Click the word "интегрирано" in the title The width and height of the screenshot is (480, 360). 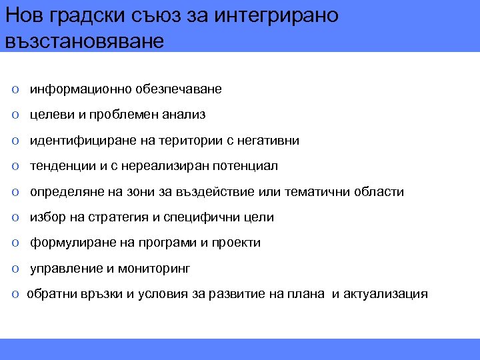click(277, 15)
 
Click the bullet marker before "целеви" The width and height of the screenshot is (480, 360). click(15, 115)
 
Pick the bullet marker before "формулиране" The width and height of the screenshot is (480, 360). click(15, 243)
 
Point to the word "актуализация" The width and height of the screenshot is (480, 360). click(385, 294)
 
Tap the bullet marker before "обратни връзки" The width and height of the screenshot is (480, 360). click(15, 295)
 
